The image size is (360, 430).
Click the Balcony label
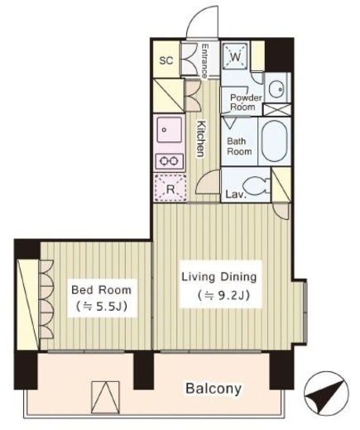(x=214, y=389)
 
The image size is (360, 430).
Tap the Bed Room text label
(x=101, y=290)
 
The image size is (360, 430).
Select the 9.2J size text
(x=223, y=295)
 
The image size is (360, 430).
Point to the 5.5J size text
(x=102, y=307)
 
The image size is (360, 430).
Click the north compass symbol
(x=326, y=391)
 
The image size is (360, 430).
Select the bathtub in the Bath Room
(x=275, y=141)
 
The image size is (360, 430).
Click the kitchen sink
(x=170, y=130)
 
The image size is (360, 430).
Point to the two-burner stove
(x=170, y=160)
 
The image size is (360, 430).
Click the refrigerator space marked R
(x=170, y=188)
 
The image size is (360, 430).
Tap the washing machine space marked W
(x=235, y=55)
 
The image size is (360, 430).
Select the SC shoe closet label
(x=166, y=60)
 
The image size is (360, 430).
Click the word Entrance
(x=204, y=61)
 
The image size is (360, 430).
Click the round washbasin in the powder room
(x=276, y=89)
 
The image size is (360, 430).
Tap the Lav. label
(x=236, y=194)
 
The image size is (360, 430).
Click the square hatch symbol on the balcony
(x=106, y=398)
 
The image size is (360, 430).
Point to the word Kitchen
(x=201, y=139)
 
